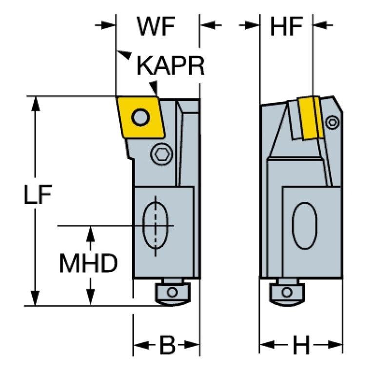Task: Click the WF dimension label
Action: coord(156,26)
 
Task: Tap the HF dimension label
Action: coord(286,26)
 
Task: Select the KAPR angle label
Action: coord(171,66)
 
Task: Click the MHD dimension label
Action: coord(88,263)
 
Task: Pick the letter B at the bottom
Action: coord(167,345)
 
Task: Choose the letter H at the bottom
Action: coord(301,345)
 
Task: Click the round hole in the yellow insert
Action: coord(140,118)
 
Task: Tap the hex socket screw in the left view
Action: coord(161,154)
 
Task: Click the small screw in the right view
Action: coord(332,122)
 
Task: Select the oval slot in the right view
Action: coord(305,226)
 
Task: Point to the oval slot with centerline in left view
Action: coord(155,226)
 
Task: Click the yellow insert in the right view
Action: coord(311,118)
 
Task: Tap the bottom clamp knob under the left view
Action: coord(173,293)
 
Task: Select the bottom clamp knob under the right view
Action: coord(287,293)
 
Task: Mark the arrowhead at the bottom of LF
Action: coord(36,298)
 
